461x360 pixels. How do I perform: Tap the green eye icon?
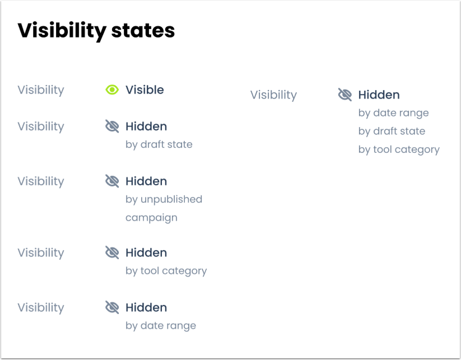tap(112, 90)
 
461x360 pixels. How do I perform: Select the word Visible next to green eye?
tap(145, 90)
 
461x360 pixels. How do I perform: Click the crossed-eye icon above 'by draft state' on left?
tap(112, 127)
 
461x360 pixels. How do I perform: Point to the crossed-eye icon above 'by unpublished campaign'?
tap(112, 181)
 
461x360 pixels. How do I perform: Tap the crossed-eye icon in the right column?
tap(345, 95)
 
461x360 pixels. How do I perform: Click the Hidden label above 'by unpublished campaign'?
tap(146, 181)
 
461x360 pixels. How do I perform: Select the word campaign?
tap(151, 217)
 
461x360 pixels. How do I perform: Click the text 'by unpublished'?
tap(164, 199)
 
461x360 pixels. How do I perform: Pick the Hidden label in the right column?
tap(379, 95)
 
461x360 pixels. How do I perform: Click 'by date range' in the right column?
tap(393, 113)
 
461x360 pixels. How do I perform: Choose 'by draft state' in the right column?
tap(392, 131)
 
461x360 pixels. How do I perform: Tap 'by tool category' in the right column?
tap(399, 149)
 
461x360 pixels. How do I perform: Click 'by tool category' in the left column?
tap(166, 271)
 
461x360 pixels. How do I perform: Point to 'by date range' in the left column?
tap(160, 326)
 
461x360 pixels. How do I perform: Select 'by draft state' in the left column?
tap(159, 144)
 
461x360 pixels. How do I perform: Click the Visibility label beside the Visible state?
tap(41, 90)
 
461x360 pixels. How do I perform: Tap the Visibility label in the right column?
tap(273, 95)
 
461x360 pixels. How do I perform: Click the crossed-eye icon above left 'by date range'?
tap(112, 307)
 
